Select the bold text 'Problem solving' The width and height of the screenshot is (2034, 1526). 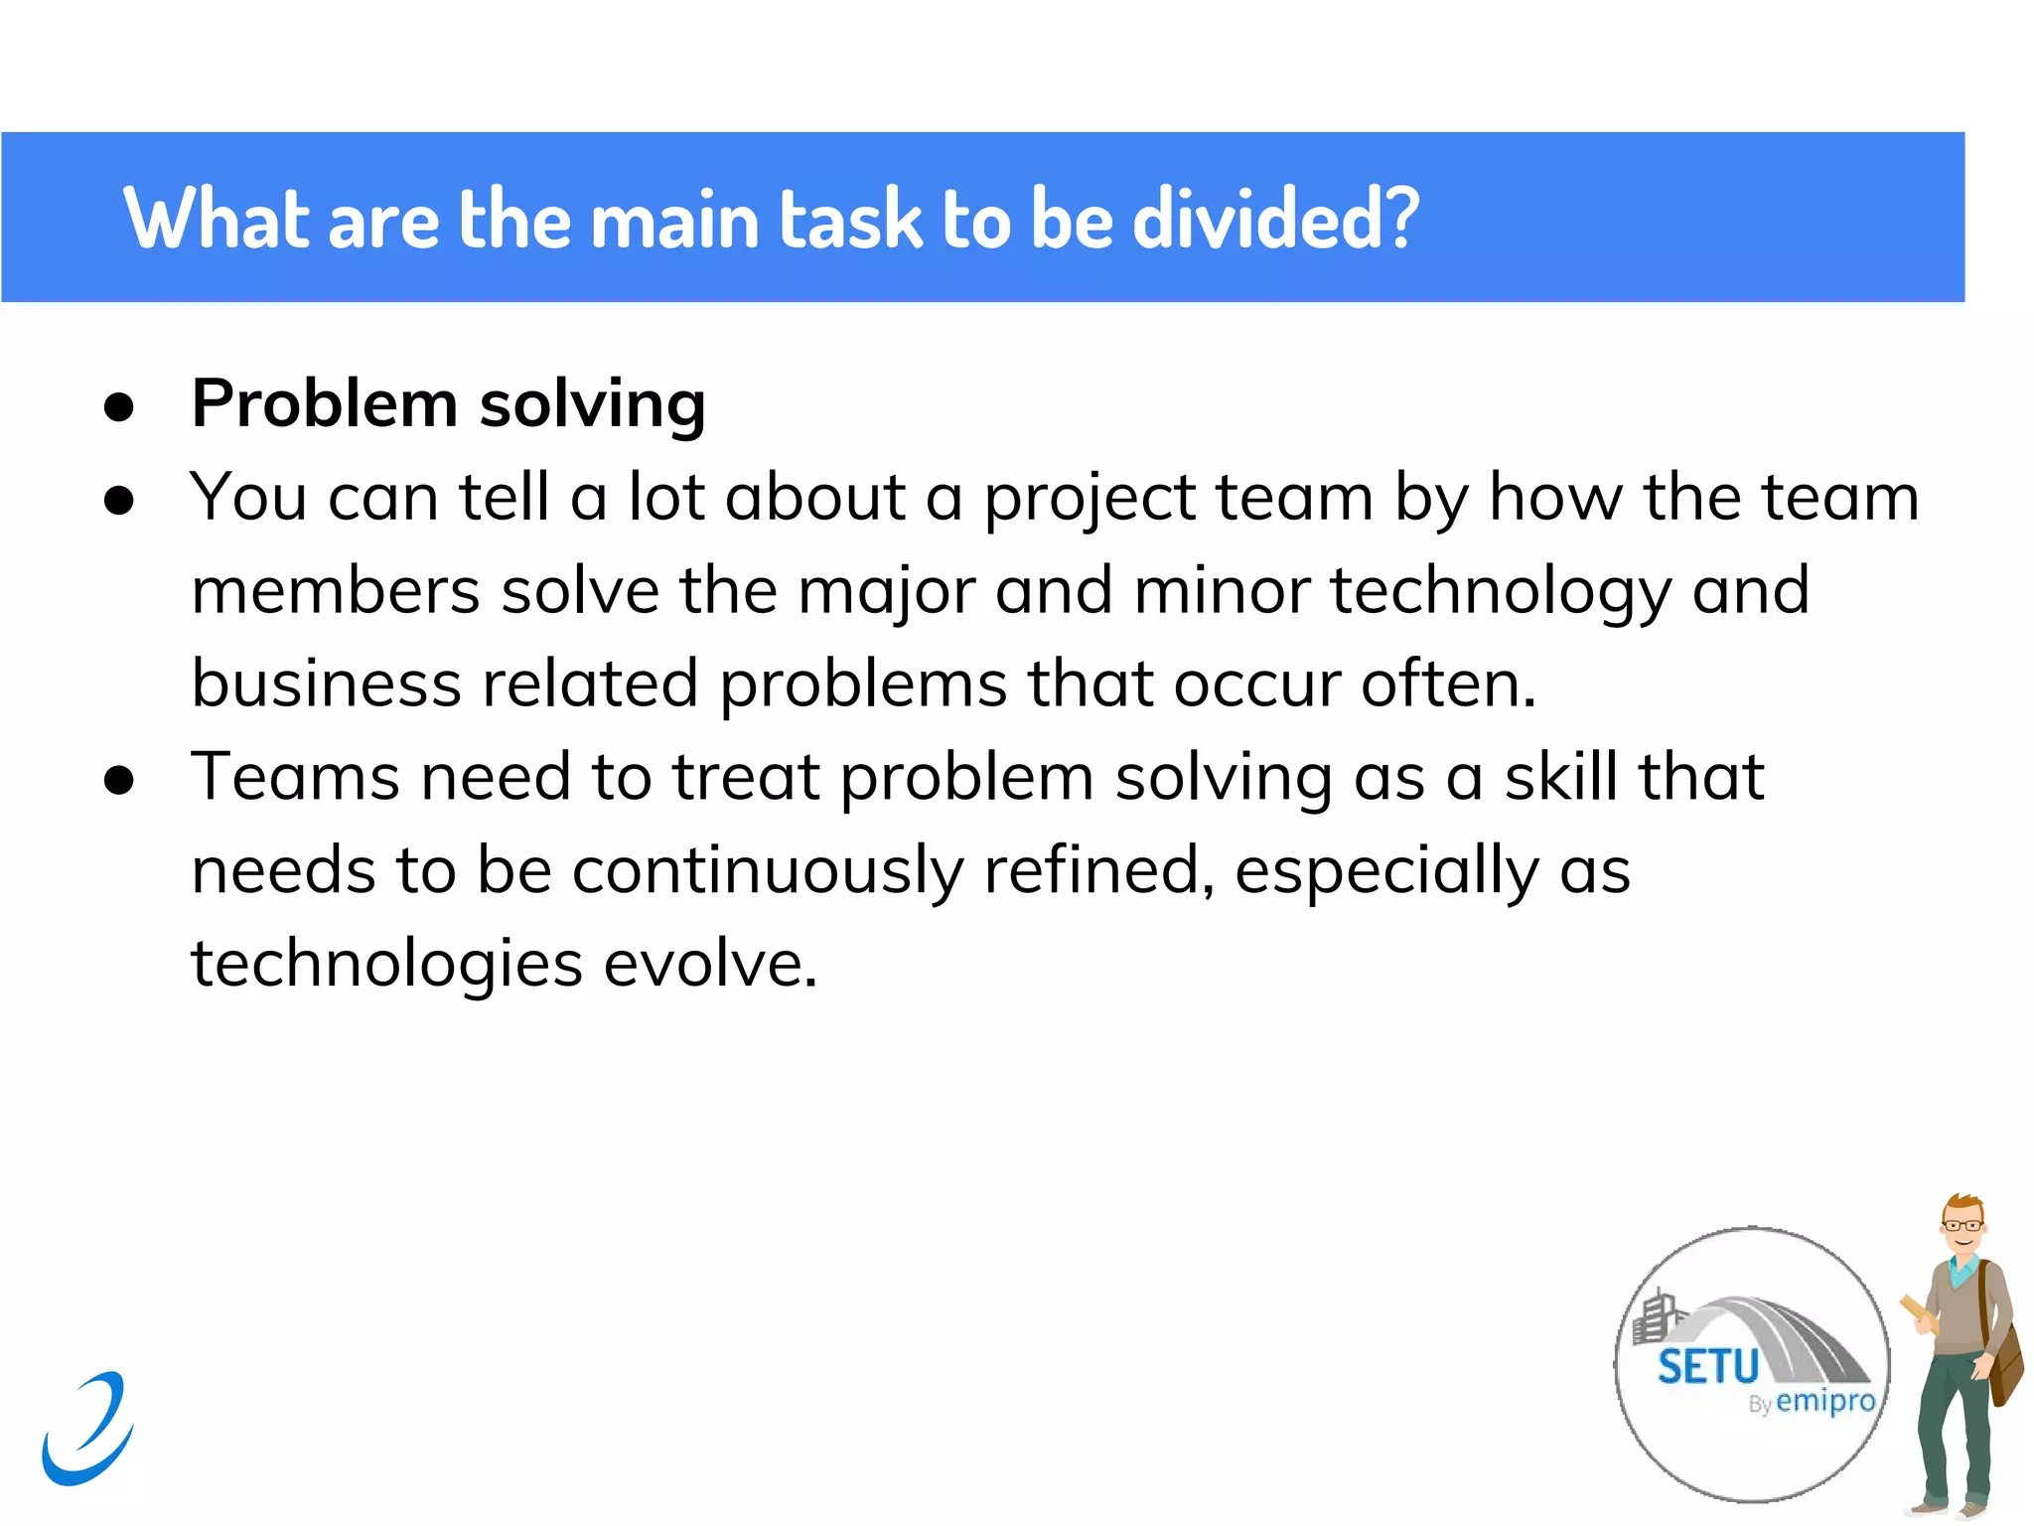(x=449, y=404)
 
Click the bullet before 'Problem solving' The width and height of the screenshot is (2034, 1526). (x=118, y=407)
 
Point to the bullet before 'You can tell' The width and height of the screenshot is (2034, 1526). (x=118, y=501)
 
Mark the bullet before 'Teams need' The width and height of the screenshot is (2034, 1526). (x=118, y=781)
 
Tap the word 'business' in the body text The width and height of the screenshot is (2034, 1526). (x=326, y=684)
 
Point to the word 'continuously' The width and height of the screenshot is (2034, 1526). (x=768, y=871)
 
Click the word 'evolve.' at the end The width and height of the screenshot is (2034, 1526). (x=710, y=964)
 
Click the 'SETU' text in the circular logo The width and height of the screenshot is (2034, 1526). (x=1707, y=1368)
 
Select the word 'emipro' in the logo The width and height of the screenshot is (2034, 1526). (x=1825, y=1401)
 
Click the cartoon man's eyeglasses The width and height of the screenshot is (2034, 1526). (x=1963, y=1226)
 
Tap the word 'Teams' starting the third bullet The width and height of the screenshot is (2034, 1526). (x=295, y=777)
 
